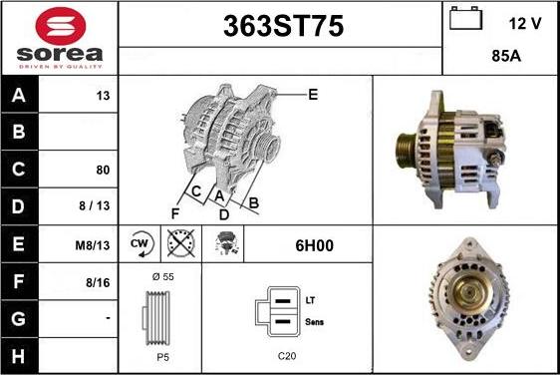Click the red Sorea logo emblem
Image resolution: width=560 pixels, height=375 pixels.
[61, 26]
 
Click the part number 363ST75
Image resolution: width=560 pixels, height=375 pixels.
[283, 26]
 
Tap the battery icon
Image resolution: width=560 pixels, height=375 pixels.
[465, 18]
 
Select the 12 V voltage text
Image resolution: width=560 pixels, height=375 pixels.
[525, 24]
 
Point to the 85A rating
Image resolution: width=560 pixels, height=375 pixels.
[506, 56]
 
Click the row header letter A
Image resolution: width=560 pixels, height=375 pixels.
[19, 95]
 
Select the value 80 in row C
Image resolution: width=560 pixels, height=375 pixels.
[103, 170]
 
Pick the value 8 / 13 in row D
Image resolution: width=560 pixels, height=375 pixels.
[95, 205]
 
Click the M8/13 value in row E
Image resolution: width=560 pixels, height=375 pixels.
[93, 245]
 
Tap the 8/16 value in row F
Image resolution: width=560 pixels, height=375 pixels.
[98, 283]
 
